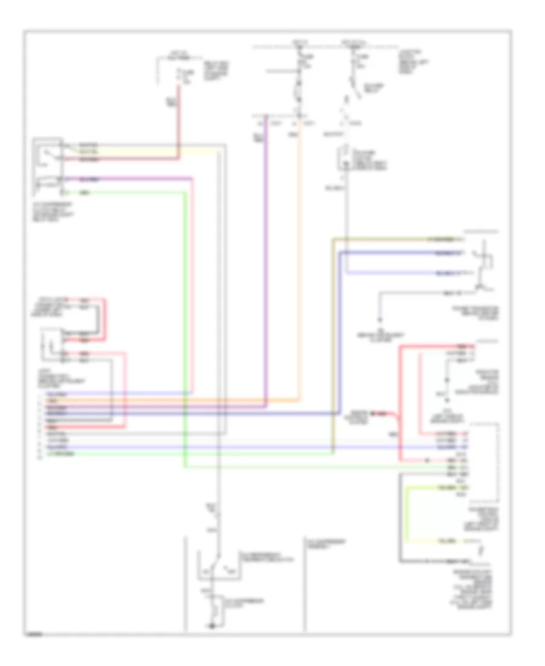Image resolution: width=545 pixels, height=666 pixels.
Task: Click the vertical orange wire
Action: [299, 260]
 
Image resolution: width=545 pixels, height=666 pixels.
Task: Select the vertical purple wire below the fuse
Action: [265, 260]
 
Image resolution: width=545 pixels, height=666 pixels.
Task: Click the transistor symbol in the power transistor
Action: [481, 266]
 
